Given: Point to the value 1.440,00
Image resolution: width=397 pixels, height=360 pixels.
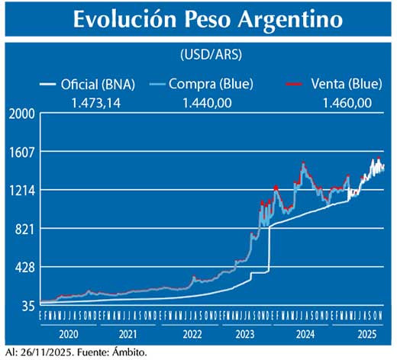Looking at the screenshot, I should click(207, 101).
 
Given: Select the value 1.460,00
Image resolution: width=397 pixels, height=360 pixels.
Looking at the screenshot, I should click(347, 101).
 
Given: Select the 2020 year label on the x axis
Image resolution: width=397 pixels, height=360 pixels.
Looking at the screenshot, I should click(69, 334).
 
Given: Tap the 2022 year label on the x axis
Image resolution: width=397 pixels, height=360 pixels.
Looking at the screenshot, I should click(191, 334).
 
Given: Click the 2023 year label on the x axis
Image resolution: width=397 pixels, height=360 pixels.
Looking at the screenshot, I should click(247, 334).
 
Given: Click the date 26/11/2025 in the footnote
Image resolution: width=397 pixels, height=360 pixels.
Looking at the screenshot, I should click(42, 352).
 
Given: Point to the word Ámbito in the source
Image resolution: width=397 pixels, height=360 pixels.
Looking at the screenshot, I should click(124, 352).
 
